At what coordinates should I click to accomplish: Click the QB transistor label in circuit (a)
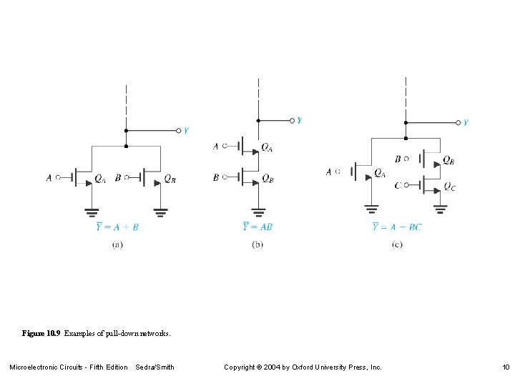(170, 179)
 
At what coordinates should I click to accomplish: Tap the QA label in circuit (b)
(266, 147)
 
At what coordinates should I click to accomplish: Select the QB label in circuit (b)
(267, 178)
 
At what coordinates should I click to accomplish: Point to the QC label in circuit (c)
(448, 187)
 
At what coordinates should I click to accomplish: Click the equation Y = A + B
(117, 227)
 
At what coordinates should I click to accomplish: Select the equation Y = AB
(257, 227)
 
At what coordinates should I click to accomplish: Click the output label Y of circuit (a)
(186, 130)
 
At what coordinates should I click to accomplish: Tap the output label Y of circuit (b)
(299, 120)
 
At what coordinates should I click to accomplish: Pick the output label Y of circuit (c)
(466, 122)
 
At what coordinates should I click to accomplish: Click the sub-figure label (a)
(118, 244)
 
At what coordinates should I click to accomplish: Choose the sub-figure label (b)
(257, 244)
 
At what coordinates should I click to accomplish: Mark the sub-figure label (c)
(397, 244)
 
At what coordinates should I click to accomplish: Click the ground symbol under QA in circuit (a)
(92, 212)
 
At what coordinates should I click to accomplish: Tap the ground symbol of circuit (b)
(257, 212)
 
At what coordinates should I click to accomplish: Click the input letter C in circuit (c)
(398, 185)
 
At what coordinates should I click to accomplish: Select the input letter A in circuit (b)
(216, 147)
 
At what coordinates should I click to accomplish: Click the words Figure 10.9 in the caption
(41, 333)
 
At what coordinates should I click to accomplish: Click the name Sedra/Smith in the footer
(154, 367)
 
